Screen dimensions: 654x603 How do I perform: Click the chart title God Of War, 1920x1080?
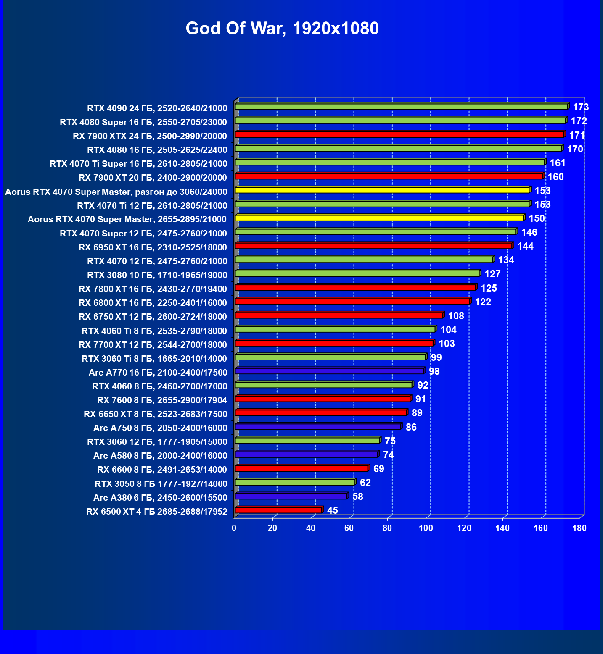click(282, 29)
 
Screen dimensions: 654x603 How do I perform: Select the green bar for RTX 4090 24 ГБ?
click(402, 107)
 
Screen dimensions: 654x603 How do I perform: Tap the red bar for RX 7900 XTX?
click(399, 134)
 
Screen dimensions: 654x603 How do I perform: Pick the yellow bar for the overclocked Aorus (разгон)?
click(382, 190)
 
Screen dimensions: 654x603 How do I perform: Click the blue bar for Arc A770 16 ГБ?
click(329, 371)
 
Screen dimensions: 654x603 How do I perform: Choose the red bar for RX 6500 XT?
click(278, 510)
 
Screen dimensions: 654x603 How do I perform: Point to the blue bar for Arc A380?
click(291, 496)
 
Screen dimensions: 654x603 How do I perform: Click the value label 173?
click(581, 107)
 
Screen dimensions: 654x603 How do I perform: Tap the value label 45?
click(332, 510)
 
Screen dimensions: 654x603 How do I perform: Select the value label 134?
click(506, 260)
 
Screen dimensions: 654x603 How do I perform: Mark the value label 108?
click(456, 316)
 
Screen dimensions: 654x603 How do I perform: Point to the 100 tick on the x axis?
click(426, 528)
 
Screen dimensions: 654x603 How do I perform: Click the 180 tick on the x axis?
click(579, 528)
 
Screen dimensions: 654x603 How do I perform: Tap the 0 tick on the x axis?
click(234, 528)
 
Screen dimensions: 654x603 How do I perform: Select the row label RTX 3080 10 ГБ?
click(157, 275)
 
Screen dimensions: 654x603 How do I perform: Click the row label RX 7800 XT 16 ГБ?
click(153, 289)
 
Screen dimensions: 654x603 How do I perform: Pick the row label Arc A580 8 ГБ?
click(160, 456)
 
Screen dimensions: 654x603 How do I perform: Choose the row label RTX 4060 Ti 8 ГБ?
click(154, 331)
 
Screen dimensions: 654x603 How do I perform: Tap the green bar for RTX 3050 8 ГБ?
click(295, 482)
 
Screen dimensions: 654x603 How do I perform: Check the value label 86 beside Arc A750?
click(411, 427)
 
